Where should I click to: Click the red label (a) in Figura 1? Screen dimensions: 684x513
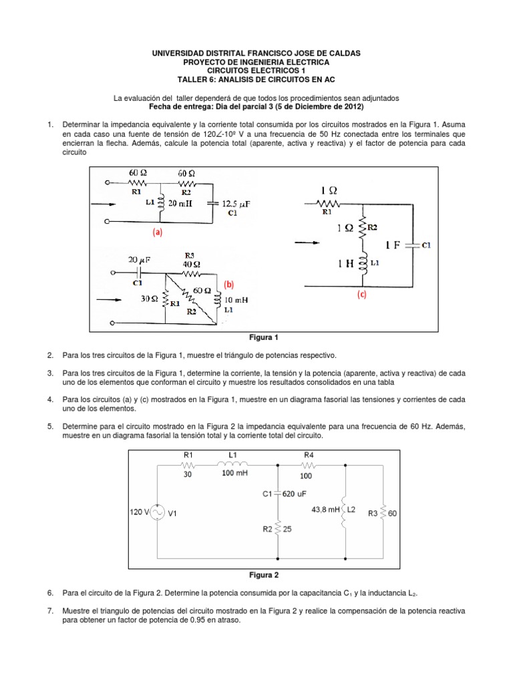pyautogui.click(x=156, y=233)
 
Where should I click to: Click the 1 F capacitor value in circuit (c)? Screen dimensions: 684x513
pyautogui.click(x=395, y=245)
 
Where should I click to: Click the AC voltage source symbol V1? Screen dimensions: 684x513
pyautogui.click(x=159, y=512)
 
